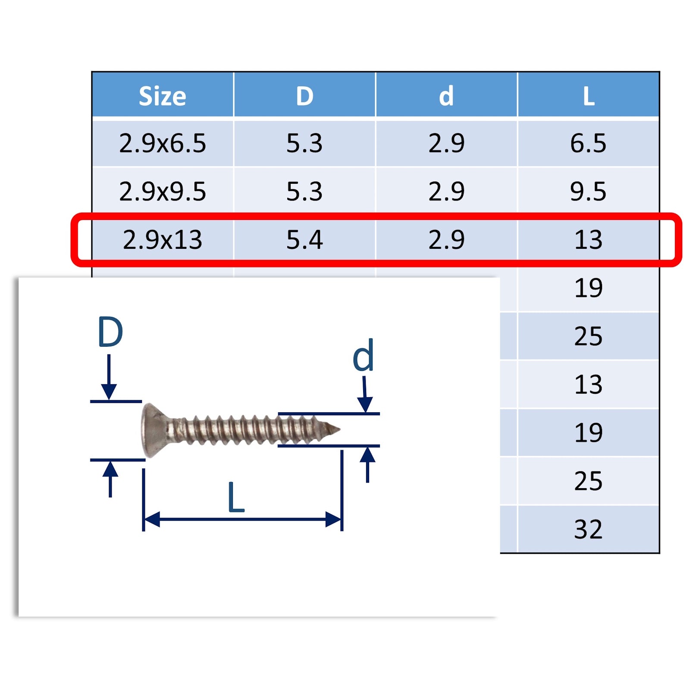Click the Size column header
162,96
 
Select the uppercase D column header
304,96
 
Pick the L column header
589,96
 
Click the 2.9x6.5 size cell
163,143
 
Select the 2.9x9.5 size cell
163,191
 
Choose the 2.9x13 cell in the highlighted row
163,240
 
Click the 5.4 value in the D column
304,240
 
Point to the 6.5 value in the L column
588,143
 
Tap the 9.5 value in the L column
588,191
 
